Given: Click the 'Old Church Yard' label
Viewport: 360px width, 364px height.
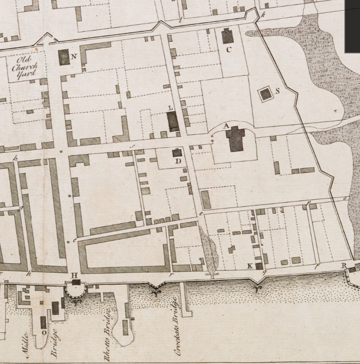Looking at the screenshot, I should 25,66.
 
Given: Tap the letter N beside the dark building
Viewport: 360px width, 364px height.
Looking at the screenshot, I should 74,56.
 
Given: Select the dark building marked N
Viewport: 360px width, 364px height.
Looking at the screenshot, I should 64,57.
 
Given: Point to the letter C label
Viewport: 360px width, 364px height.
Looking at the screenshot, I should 229,50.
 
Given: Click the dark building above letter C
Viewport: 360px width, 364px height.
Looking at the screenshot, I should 227,36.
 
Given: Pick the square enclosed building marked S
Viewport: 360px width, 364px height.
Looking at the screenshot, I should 265,94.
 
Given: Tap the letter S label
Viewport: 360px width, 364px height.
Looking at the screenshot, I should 277,91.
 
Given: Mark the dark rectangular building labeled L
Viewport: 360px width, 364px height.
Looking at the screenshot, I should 173,121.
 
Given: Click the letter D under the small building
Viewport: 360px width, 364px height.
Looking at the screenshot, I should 178,161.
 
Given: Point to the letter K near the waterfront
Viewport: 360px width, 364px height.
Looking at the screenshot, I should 250,266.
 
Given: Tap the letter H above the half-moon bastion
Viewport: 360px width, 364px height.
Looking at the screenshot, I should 74,275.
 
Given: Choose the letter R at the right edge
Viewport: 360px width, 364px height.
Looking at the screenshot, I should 343,265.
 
